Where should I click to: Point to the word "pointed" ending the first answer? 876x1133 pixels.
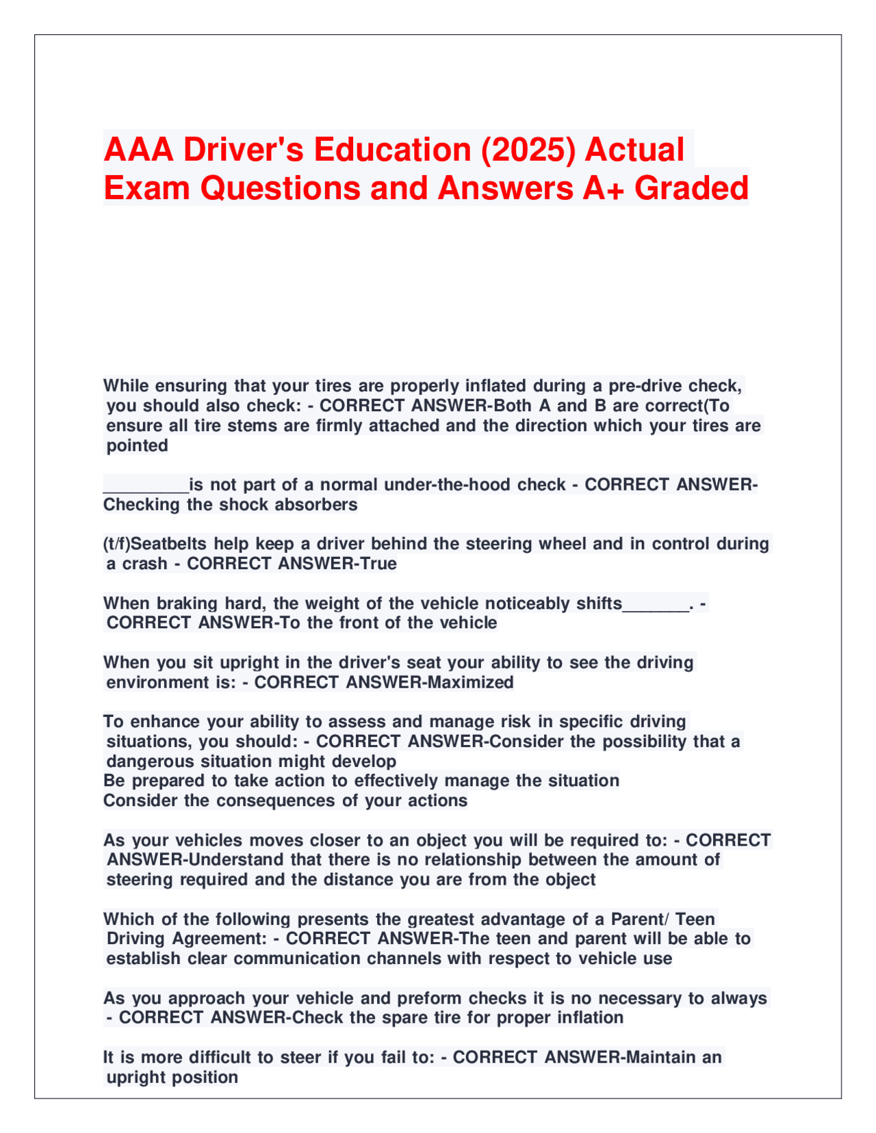137,446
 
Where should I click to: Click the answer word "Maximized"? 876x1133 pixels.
470,682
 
